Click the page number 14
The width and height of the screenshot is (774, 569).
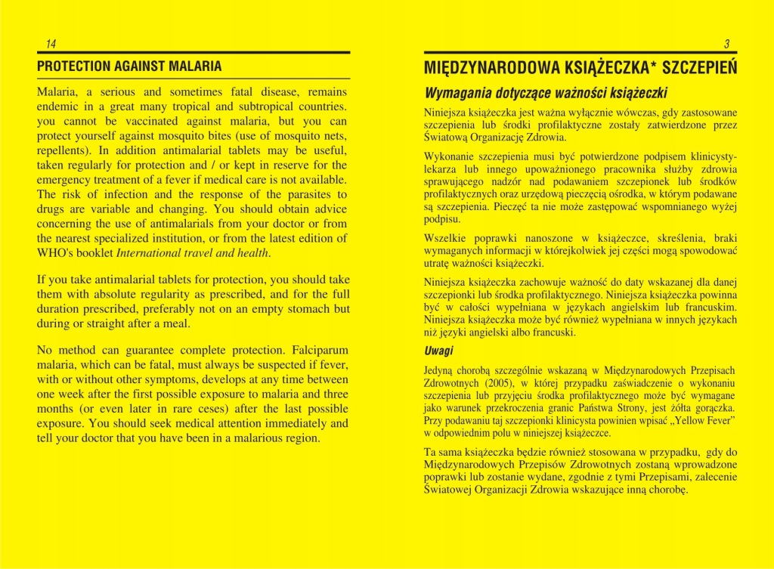[51, 43]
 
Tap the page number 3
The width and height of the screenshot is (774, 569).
[726, 43]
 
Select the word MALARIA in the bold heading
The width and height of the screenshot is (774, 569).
[197, 66]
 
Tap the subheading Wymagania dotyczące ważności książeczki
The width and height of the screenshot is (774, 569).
[545, 94]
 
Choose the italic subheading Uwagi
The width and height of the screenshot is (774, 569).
[439, 351]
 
